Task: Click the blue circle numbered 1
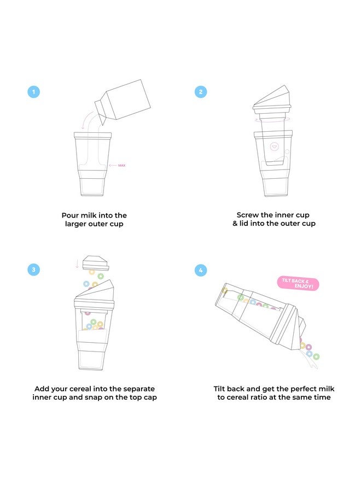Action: pos(34,92)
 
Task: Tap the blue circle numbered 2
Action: pos(201,92)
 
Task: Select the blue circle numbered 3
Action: pos(34,270)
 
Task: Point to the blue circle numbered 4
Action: pos(201,270)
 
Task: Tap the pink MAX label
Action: pos(121,165)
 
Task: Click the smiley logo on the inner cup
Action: pos(275,146)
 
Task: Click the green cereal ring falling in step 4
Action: pos(316,356)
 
